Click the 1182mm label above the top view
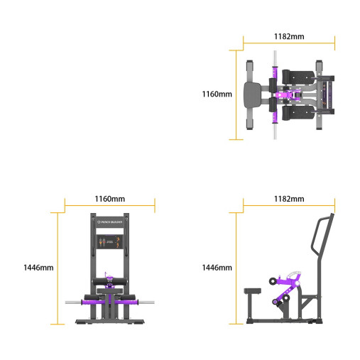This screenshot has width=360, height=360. [289, 35]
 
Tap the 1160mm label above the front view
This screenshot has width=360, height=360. [109, 199]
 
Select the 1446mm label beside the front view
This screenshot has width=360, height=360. [38, 268]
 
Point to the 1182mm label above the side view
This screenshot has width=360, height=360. [288, 199]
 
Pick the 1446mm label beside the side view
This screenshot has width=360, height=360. [217, 268]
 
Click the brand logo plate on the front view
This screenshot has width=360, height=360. [109, 222]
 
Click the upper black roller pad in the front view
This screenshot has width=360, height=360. [109, 285]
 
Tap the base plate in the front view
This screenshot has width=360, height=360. [109, 322]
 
